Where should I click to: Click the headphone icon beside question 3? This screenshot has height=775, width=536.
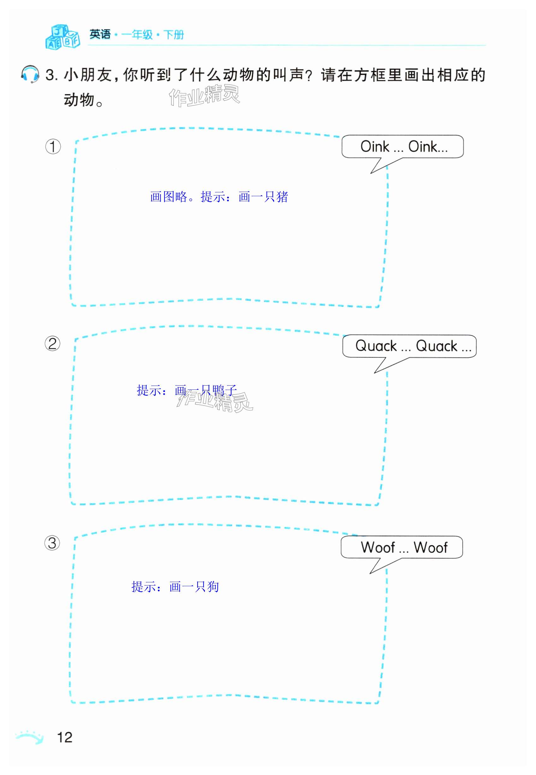coord(30,74)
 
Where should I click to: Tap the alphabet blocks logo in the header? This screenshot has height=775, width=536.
coord(63,37)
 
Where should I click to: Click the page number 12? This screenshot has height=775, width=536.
coord(65,737)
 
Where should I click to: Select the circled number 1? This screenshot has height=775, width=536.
coord(53,147)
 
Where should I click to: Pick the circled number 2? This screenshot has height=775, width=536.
coord(53,344)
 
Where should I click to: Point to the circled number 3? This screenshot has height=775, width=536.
coord(52,543)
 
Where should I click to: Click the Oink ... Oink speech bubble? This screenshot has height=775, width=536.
coord(402,147)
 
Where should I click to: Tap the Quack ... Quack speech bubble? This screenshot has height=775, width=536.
coord(409,346)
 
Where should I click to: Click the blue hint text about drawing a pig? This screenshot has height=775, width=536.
coord(219,197)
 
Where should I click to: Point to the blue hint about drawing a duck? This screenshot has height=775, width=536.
coord(187,390)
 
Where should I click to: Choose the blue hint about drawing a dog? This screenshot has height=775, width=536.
coord(175,586)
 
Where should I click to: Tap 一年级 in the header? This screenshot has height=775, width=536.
coord(137,35)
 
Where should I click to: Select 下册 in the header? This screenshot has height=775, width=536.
coord(174,35)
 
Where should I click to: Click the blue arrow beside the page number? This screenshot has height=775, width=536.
coord(30,737)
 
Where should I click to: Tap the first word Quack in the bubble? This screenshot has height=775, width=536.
coord(376,346)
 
